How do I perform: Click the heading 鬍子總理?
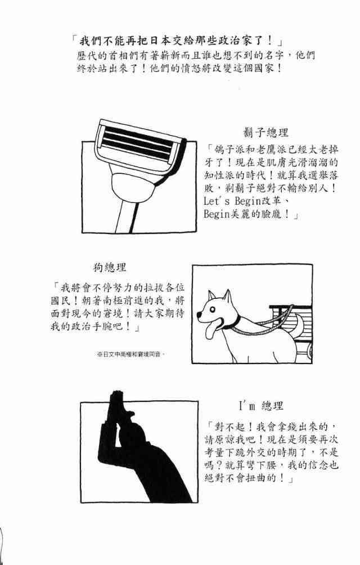tap(265, 133)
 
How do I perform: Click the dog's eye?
tap(215, 306)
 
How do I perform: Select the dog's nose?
tap(200, 315)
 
